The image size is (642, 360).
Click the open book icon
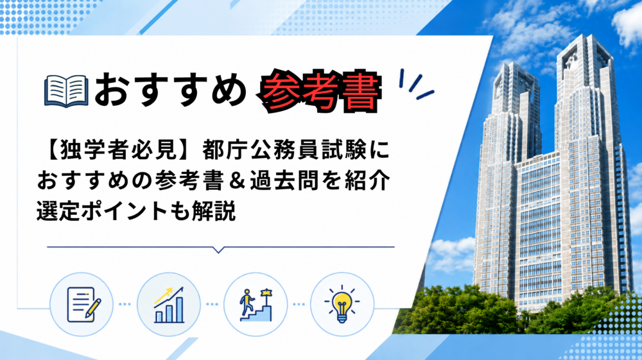point(66,91)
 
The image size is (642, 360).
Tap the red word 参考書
point(320,91)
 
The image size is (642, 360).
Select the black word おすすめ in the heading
point(171,90)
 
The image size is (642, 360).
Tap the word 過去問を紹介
point(320,181)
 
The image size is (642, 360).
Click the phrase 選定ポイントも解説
point(136,211)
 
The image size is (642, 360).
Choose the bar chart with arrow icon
point(169,305)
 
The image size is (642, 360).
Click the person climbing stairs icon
point(256,305)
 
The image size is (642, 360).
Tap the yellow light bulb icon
point(342,304)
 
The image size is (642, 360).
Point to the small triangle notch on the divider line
point(219,250)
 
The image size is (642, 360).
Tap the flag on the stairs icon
point(267,292)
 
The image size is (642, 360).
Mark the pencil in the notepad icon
point(92,309)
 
